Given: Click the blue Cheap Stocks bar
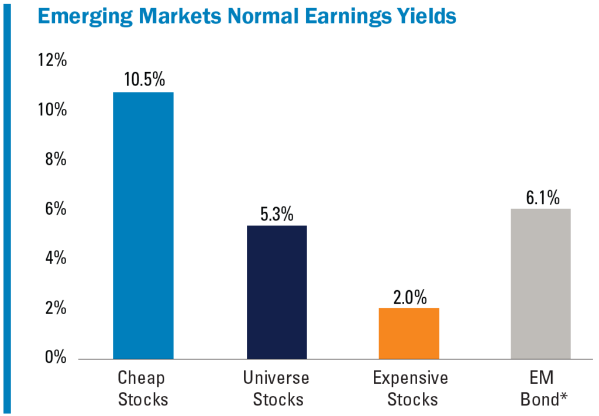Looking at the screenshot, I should [x=143, y=225].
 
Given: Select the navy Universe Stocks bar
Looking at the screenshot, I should [x=277, y=292].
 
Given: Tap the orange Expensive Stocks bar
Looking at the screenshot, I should [x=409, y=333].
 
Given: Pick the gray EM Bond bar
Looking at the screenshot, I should [x=541, y=283].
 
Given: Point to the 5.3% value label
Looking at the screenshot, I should [x=277, y=214].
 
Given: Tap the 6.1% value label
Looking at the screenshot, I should [x=541, y=197].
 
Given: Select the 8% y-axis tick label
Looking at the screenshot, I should [x=56, y=159].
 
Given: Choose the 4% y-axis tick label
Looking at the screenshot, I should [x=56, y=258].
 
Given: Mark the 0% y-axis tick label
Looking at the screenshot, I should [x=56, y=357].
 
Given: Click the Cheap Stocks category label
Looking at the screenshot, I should [x=143, y=389].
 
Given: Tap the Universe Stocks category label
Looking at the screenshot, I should [x=277, y=389].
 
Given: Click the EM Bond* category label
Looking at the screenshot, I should [x=541, y=389].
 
